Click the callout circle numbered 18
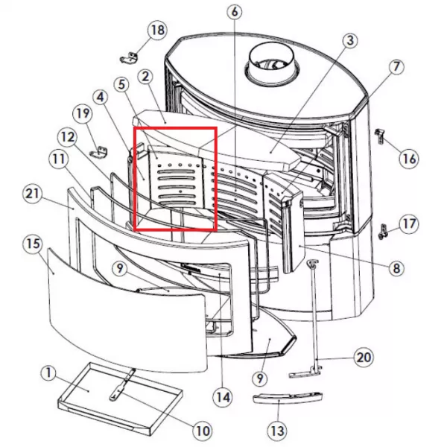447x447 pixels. tap(157, 30)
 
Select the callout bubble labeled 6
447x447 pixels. tap(235, 12)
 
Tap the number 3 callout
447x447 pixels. tap(350, 40)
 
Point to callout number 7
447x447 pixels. tap(396, 67)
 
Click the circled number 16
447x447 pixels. tap(409, 158)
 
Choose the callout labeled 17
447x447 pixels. tap(409, 224)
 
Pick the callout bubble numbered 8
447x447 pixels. tap(396, 268)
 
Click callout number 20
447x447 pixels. tap(364, 357)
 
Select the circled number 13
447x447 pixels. tap(277, 431)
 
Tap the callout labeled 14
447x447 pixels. tap(223, 397)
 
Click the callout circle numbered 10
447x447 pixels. tap(203, 431)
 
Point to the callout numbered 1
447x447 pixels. tap(48, 373)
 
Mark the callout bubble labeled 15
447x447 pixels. tap(33, 244)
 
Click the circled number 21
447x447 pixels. tap(32, 194)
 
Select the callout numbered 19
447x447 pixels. tap(83, 113)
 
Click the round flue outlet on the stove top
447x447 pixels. tap(272, 64)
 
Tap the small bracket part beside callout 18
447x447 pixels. tap(129, 58)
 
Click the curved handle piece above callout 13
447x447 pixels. tap(288, 397)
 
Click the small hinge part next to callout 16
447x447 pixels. tap(380, 136)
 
